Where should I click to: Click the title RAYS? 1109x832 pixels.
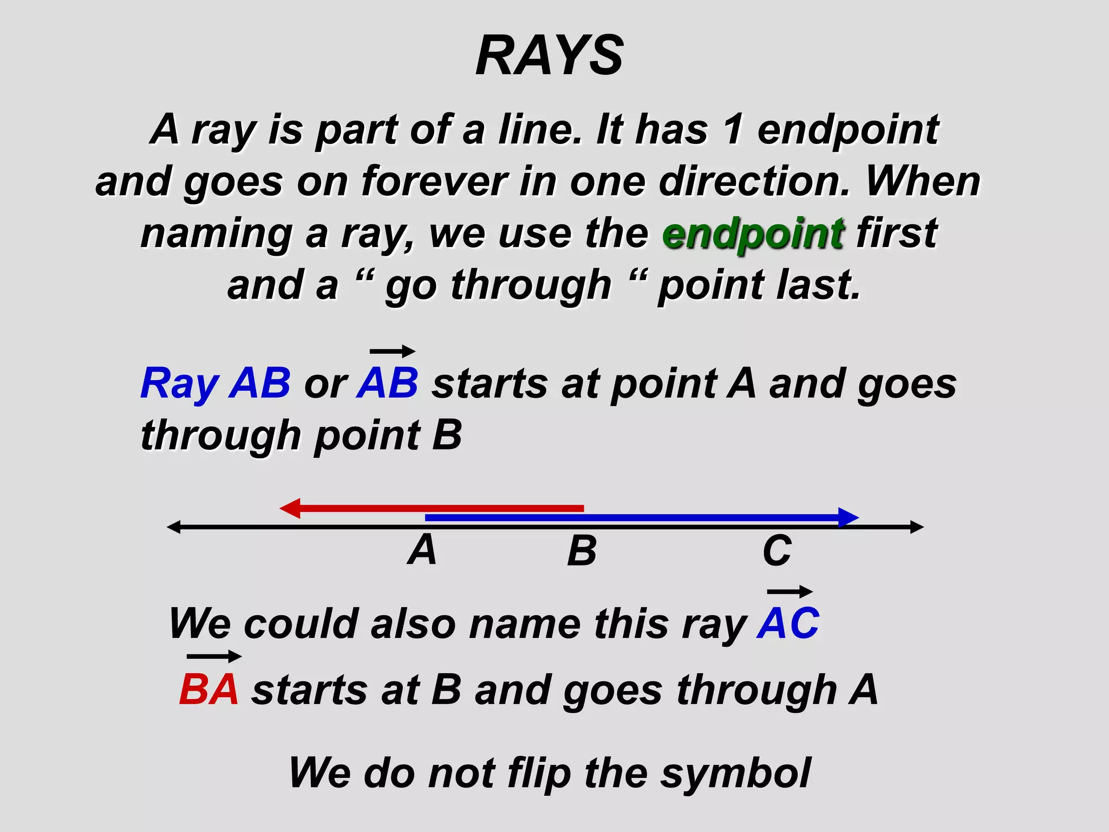pos(550,55)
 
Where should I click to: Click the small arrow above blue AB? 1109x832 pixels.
pos(393,352)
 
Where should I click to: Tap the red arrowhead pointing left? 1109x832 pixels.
pos(290,508)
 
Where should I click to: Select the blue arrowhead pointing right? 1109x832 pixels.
pos(847,517)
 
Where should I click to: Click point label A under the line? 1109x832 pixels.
pos(422,550)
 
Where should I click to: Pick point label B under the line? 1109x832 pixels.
pos(582,551)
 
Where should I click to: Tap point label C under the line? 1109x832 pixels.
pos(777,551)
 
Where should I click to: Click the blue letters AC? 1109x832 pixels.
pos(788,623)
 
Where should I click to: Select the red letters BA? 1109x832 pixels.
pos(209,690)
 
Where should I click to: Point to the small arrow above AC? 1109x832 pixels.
pos(790,591)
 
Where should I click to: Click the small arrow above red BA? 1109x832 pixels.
pos(214,656)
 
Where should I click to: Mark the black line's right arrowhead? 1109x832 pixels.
pos(916,526)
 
